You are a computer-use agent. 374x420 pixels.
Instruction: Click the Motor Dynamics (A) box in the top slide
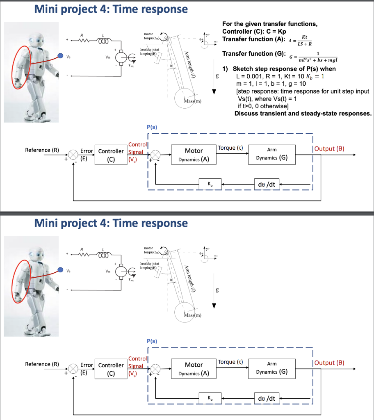[194, 155]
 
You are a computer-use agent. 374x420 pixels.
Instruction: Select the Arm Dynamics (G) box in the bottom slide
[271, 368]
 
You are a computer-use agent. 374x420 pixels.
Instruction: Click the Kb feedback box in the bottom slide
[210, 398]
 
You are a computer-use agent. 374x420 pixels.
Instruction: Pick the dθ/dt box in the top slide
[266, 185]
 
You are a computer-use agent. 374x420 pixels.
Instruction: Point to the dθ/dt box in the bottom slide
[266, 398]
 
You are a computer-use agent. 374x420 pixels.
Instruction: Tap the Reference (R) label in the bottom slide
[42, 364]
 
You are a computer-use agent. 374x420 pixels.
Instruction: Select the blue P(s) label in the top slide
[151, 127]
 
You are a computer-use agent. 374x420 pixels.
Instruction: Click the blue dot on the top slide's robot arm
[60, 56]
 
